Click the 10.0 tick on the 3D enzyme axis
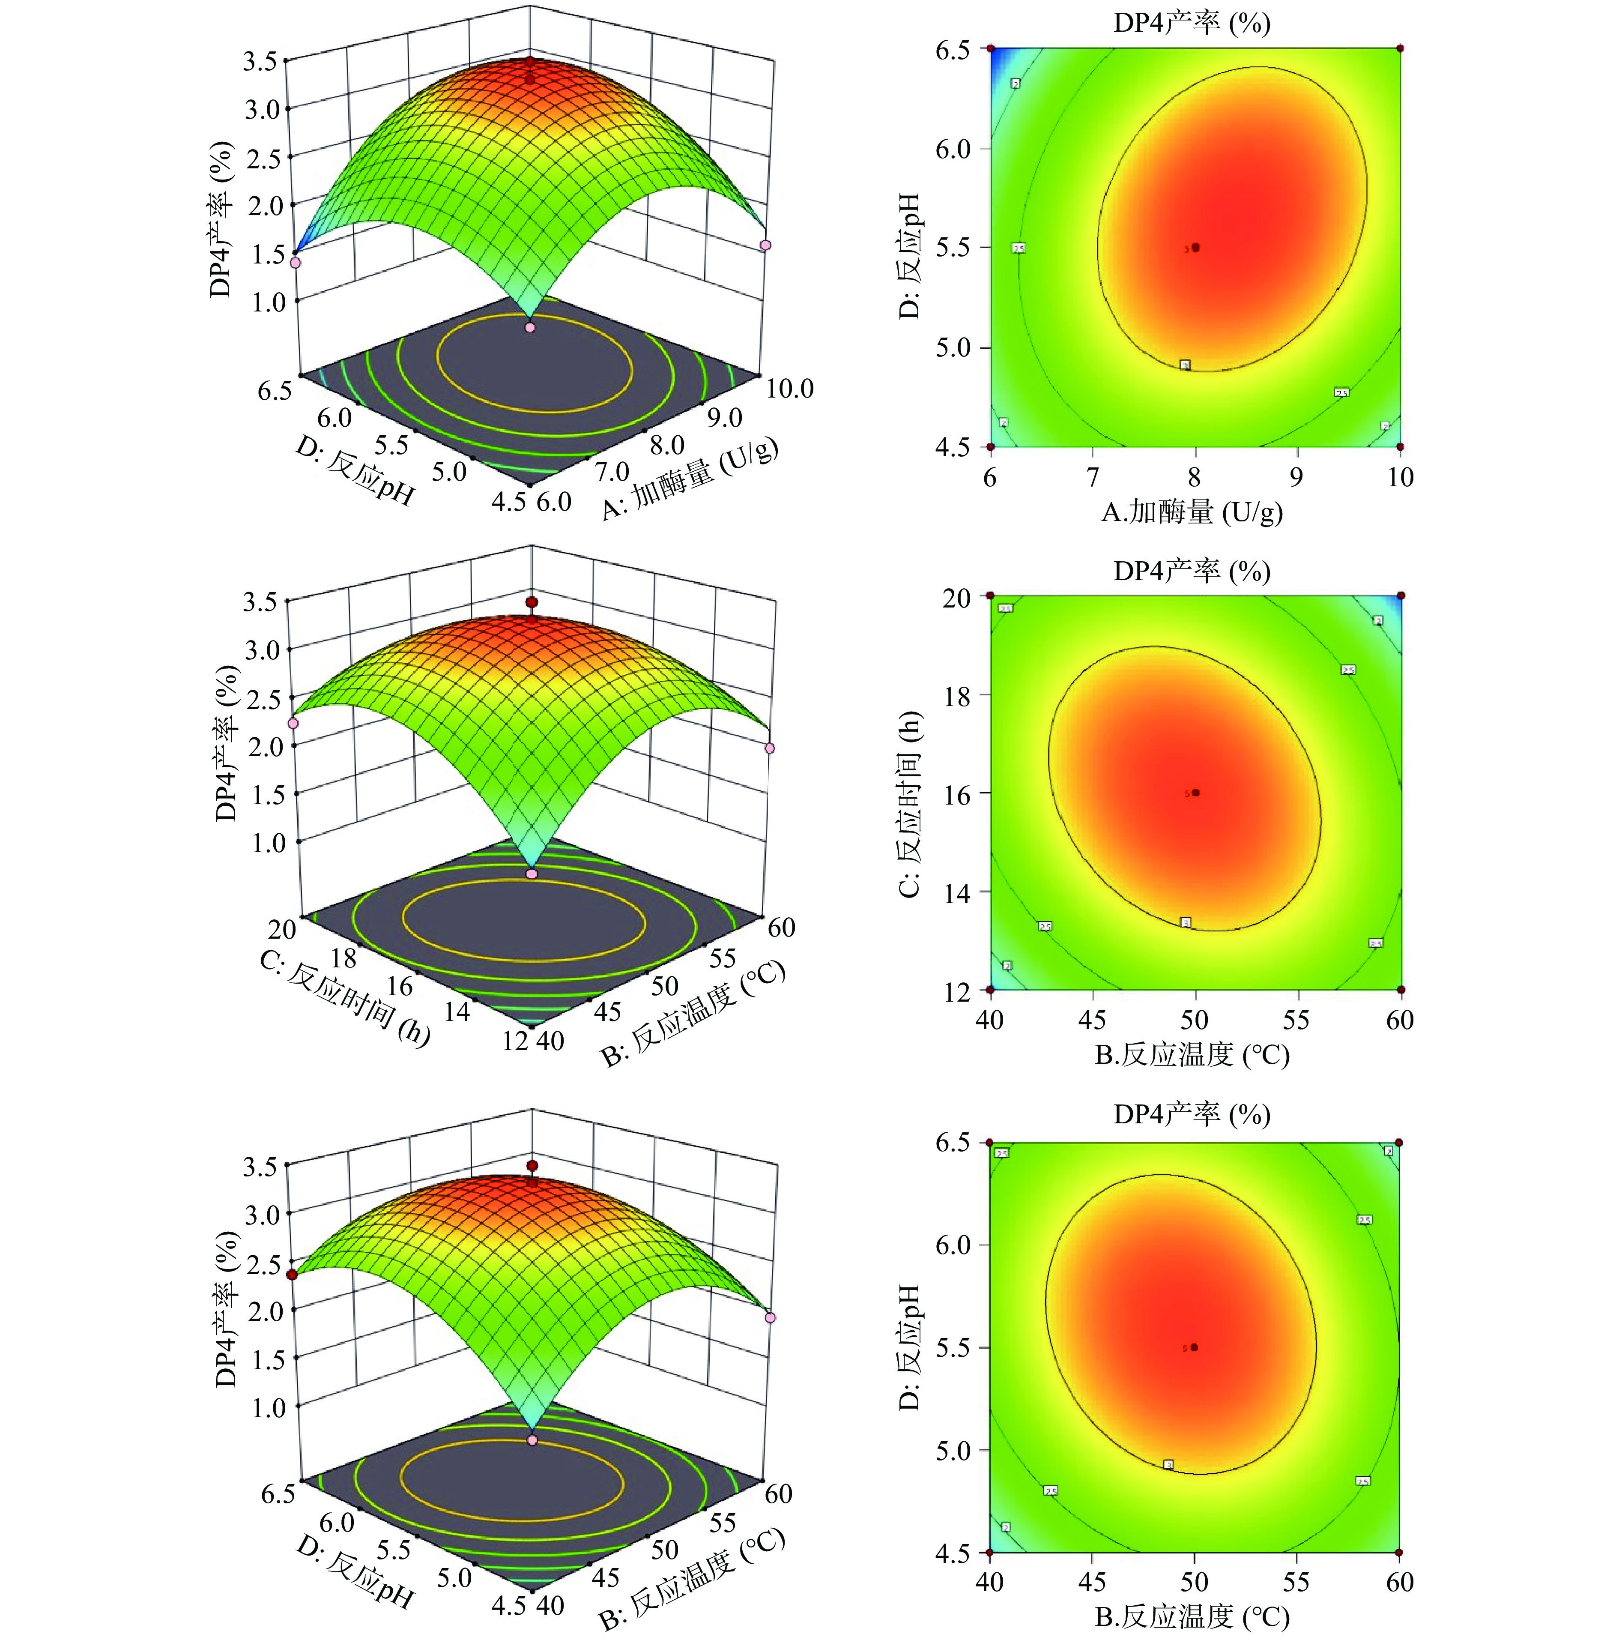pyautogui.click(x=789, y=389)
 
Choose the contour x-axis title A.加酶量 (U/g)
pyautogui.click(x=1192, y=512)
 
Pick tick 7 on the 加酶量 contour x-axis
pyautogui.click(x=1093, y=477)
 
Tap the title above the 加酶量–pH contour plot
pyautogui.click(x=1192, y=23)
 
